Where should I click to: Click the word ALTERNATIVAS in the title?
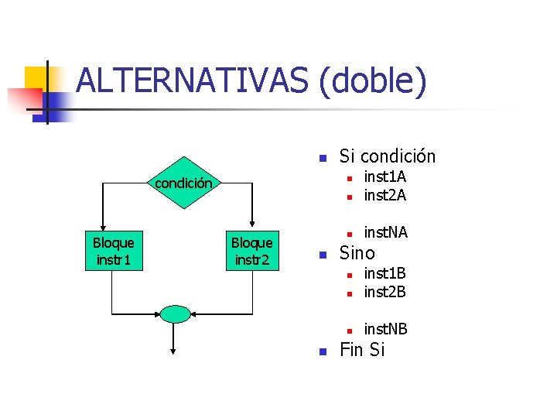193,82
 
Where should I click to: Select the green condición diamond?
183,183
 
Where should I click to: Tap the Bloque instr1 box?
113,251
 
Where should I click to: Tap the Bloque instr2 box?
252,251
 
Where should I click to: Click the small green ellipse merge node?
176,313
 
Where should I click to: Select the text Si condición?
388,156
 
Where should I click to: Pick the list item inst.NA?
385,232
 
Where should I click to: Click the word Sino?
357,253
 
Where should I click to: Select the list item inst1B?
384,273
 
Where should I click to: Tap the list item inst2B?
384,292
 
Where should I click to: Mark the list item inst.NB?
385,329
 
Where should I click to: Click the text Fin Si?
362,350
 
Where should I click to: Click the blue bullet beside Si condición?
324,159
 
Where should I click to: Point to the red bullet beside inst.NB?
349,331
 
